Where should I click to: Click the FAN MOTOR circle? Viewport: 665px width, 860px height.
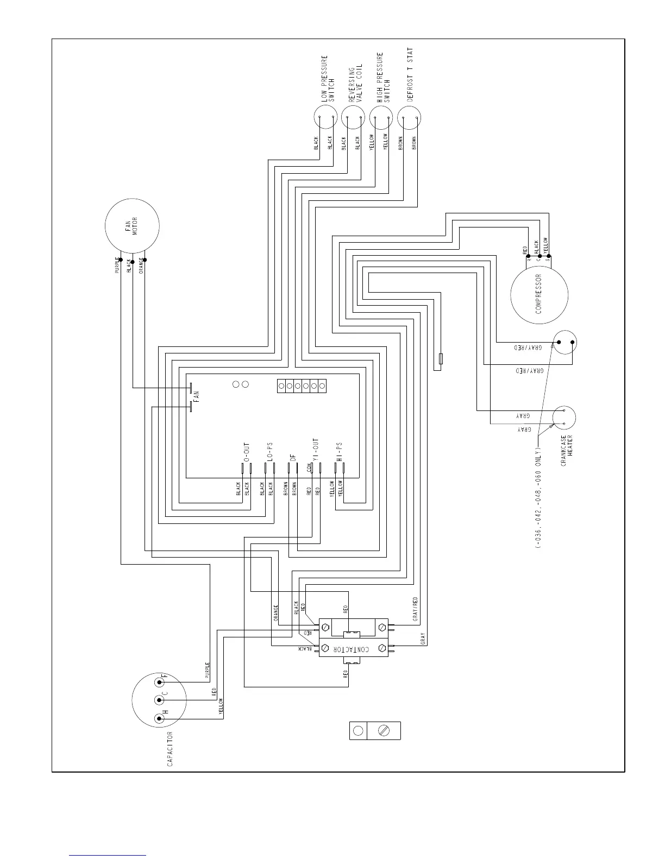(132, 226)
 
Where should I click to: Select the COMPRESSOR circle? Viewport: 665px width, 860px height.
(539, 295)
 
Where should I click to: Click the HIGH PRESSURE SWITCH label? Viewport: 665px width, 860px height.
(384, 77)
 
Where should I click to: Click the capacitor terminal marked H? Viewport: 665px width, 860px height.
(160, 718)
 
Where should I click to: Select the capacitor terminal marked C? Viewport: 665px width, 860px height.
(160, 700)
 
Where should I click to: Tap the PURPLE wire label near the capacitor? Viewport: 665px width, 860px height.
(207, 671)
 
